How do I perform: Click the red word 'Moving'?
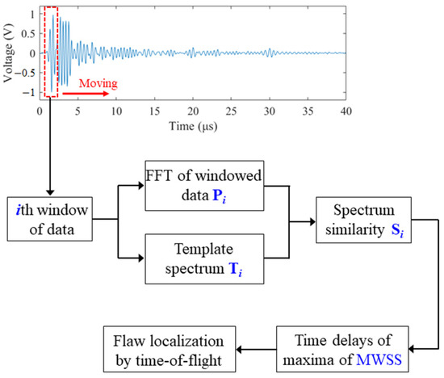click(96, 83)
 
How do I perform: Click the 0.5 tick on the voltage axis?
click(29, 33)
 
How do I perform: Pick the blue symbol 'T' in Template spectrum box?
click(232, 268)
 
